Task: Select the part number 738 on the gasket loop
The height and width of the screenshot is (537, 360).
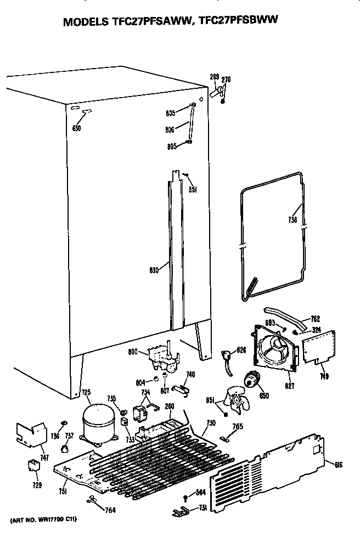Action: point(292,220)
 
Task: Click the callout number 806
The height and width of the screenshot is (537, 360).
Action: point(170,129)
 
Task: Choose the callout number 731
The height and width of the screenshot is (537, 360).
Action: point(203,509)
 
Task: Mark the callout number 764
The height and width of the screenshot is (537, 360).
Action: point(110,511)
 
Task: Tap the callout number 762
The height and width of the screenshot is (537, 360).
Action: point(315,319)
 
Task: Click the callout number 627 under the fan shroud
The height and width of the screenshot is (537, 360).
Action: point(290,386)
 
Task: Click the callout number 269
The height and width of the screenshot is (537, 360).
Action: point(215,77)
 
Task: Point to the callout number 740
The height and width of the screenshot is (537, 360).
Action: point(190,374)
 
